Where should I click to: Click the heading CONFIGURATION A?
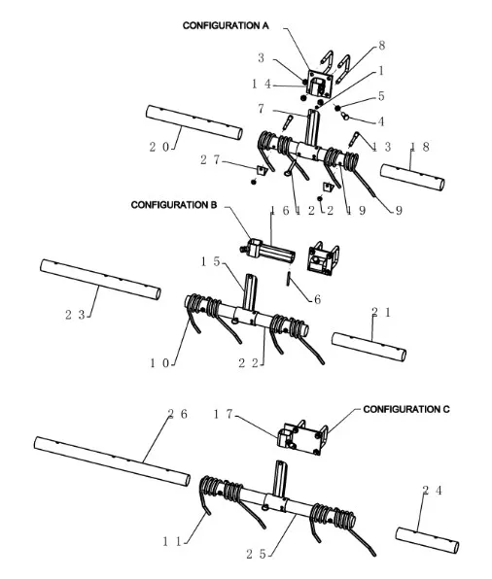pos(226,25)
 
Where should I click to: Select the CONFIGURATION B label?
pos(174,205)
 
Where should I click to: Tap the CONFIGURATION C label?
pos(406,409)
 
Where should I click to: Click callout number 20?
pos(158,147)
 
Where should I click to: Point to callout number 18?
pos(420,147)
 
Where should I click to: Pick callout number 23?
pos(75,315)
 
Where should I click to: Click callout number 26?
pos(177,414)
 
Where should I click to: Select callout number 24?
pos(432,491)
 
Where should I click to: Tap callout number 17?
pos(223,414)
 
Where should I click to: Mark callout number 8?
pos(382,46)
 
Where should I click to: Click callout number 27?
pos(210,160)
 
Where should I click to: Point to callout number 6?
pos(317,299)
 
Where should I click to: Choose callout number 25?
pos(256,554)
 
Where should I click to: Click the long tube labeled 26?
pos(112,461)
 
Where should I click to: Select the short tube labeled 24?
pos(427,540)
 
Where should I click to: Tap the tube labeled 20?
pos(194,122)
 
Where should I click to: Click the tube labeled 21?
pos(369,347)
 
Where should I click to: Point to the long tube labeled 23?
pos(100,280)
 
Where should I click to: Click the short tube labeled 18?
pos(412,178)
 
